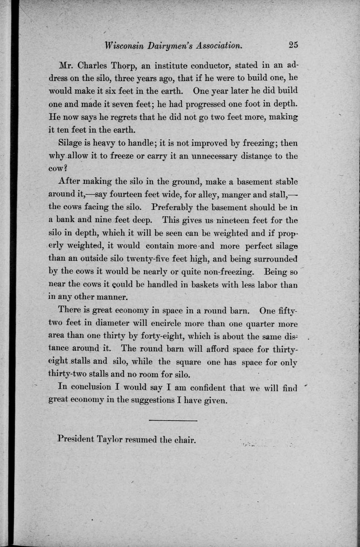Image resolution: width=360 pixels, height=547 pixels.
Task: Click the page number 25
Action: [293, 45]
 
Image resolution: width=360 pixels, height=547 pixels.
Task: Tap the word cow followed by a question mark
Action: [56, 168]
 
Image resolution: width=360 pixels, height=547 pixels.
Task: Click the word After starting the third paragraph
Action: [69, 181]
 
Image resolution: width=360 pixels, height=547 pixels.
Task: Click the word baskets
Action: [207, 285]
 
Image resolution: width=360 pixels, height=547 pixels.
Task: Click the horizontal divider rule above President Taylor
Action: [173, 420]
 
